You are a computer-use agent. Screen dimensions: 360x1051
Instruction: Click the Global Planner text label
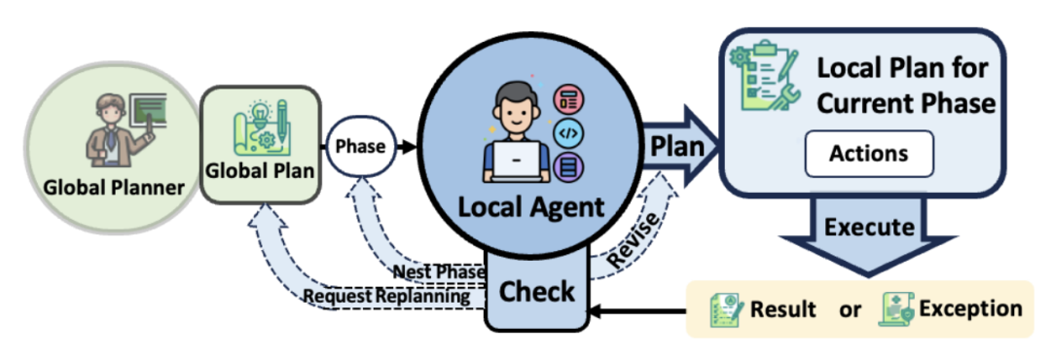click(114, 185)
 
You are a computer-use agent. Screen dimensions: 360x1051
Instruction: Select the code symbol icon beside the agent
click(567, 131)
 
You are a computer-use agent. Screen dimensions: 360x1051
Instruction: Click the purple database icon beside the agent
click(567, 167)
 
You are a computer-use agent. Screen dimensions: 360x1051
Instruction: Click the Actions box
click(868, 154)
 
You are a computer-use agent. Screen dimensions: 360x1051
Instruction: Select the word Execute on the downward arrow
click(870, 228)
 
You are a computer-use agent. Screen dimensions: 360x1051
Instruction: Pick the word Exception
click(971, 308)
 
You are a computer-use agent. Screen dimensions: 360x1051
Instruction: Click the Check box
click(537, 291)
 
